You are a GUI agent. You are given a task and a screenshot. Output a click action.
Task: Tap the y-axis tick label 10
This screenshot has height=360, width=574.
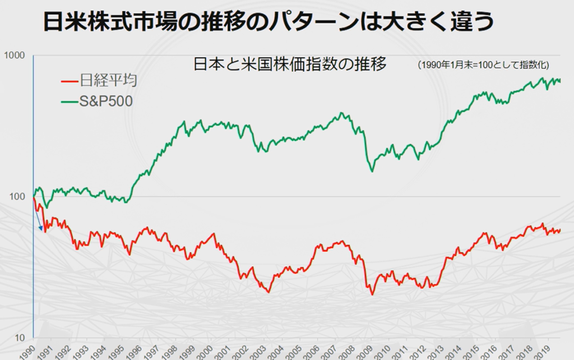[20, 337]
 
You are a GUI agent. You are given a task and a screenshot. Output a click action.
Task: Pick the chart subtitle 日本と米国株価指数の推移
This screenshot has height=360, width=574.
[290, 64]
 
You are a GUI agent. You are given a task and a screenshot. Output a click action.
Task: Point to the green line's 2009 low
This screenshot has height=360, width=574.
[371, 170]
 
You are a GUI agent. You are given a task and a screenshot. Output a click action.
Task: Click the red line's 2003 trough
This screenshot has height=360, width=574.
[269, 292]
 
